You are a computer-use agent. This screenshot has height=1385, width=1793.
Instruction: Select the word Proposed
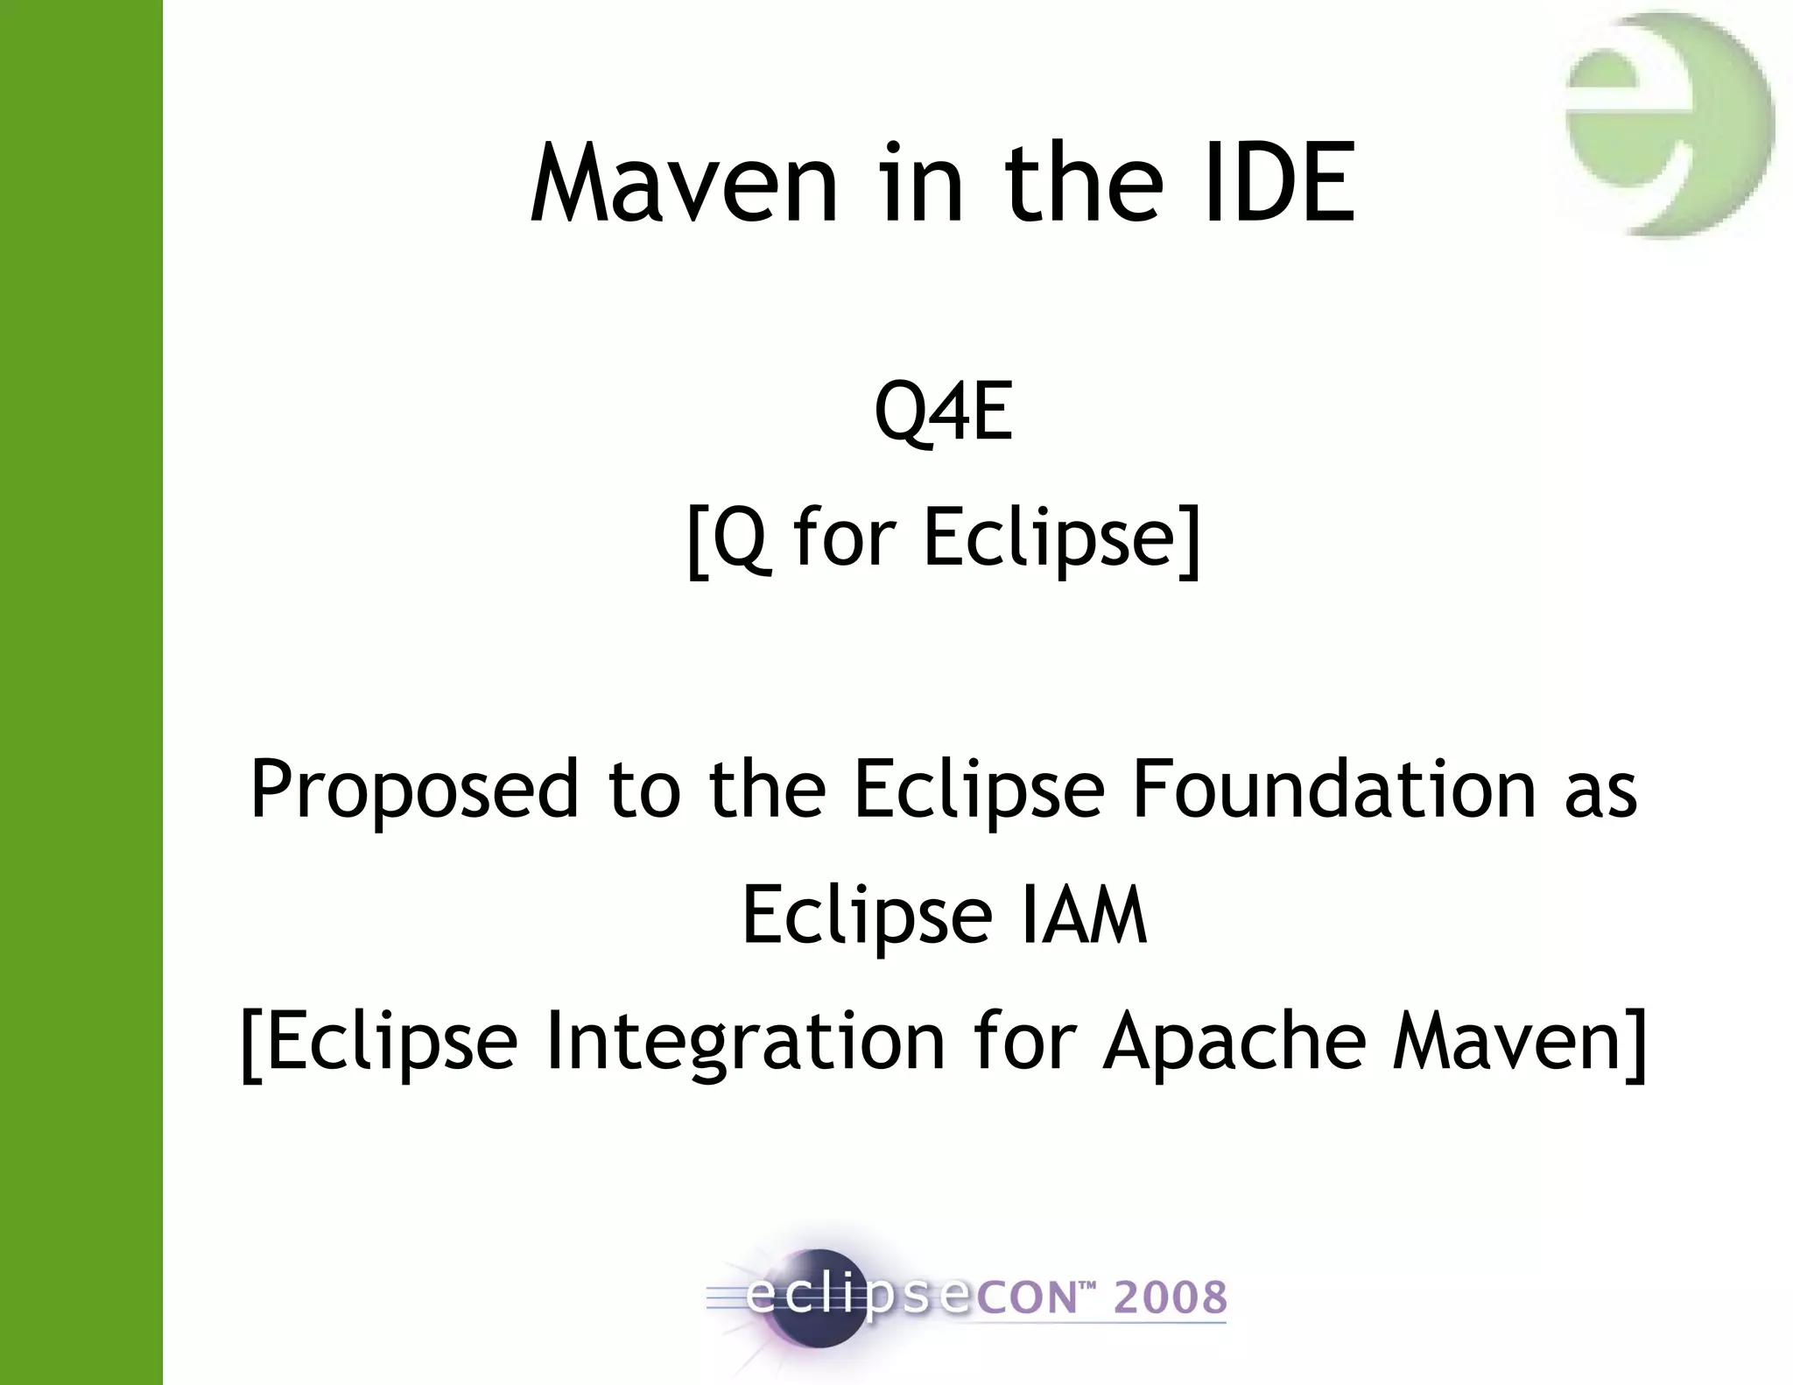[414, 791]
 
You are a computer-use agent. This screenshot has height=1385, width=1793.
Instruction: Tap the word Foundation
[1333, 791]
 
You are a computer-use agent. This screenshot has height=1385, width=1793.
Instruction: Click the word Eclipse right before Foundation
[979, 791]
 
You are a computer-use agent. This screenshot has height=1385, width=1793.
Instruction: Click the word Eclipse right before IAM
[867, 917]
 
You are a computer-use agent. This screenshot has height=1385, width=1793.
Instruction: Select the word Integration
[745, 1042]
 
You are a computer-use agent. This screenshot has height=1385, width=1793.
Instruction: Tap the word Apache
[1234, 1042]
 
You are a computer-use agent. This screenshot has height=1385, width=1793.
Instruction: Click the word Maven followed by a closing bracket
[1508, 1042]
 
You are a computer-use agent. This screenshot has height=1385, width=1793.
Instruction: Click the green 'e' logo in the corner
[1665, 123]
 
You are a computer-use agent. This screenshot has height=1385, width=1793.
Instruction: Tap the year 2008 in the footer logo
[1171, 1297]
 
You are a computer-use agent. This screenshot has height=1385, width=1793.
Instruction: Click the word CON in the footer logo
[1024, 1298]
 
